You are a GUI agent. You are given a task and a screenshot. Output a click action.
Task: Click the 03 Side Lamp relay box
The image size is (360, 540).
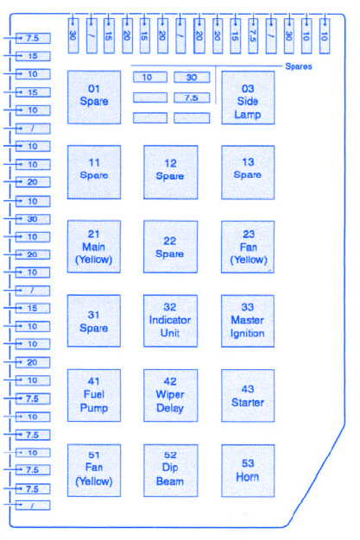248,97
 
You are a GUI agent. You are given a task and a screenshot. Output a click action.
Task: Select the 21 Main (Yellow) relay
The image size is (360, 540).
94,247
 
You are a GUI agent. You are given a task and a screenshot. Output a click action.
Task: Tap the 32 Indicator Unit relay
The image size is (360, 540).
170,321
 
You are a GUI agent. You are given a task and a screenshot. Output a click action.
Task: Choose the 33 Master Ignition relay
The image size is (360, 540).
248,321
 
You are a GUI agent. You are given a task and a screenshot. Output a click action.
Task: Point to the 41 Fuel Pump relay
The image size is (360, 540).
94,395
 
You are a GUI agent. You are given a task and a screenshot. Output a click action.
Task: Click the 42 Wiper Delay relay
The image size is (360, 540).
170,395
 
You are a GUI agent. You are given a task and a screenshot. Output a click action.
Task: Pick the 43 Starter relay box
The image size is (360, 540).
248,395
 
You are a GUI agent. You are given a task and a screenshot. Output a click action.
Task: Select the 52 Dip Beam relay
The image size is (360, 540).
170,470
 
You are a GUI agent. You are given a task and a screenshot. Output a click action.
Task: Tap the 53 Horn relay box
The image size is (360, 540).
248,470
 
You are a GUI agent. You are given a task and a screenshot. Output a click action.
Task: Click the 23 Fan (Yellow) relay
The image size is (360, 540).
248,247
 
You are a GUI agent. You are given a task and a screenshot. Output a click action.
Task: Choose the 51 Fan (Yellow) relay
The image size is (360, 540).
94,470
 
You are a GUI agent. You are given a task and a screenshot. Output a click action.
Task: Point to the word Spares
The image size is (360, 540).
299,66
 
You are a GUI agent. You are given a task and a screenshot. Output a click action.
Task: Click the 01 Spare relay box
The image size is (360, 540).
94,97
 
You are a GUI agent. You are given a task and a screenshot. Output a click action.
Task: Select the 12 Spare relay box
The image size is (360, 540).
170,173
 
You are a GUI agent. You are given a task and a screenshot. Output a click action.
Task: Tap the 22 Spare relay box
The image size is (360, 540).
170,247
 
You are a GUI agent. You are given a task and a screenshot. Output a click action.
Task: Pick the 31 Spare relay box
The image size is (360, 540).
94,321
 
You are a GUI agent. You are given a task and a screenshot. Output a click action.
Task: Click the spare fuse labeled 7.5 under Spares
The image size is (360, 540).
192,97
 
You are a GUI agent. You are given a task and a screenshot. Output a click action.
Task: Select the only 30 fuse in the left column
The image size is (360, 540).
33,219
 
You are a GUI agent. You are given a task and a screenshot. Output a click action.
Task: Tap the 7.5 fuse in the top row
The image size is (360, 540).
253,36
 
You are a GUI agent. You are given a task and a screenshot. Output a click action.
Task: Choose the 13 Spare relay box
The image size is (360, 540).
248,173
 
